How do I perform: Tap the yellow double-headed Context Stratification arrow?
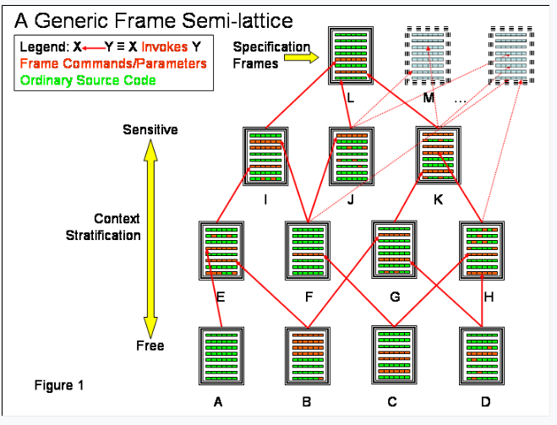pyautogui.click(x=150, y=237)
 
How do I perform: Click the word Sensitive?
pyautogui.click(x=150, y=129)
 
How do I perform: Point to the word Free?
pyautogui.click(x=150, y=346)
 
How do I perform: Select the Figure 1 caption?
pyautogui.click(x=59, y=385)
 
